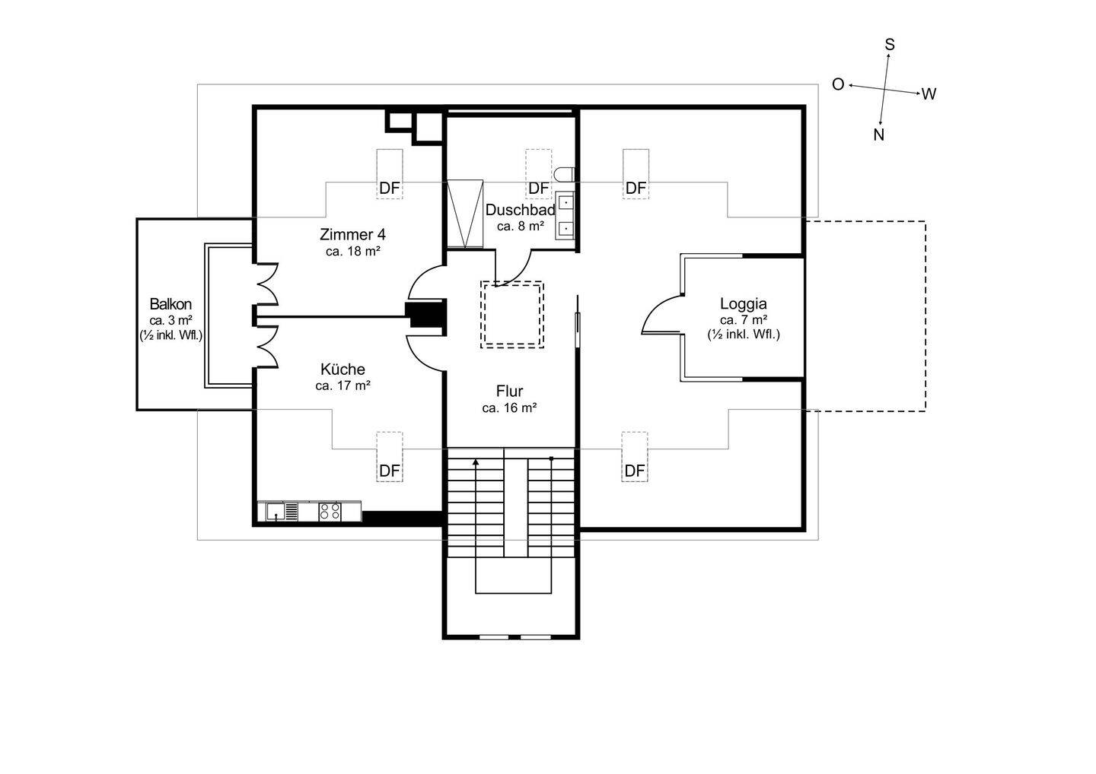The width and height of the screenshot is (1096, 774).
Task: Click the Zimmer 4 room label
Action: click(x=352, y=234)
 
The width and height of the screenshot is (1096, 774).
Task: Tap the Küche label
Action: click(x=342, y=369)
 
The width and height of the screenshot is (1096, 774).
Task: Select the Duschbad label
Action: click(x=520, y=210)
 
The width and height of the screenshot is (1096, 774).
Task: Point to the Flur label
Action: click(x=509, y=391)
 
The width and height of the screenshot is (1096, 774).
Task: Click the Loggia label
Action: click(x=743, y=304)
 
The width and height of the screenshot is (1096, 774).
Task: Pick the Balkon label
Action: click(x=170, y=304)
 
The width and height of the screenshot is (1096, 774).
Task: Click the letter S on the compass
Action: click(x=890, y=45)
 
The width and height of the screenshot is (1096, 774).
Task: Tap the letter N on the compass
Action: click(x=879, y=135)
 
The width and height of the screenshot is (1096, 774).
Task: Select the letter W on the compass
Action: click(x=929, y=94)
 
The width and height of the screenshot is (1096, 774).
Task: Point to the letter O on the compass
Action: click(x=838, y=84)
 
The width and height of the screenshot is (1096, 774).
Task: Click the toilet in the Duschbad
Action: click(x=565, y=174)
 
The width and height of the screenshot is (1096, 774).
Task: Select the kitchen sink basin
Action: click(x=276, y=512)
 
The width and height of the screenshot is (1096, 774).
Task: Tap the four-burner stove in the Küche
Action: click(x=330, y=512)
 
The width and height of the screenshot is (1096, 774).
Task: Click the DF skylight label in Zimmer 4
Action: click(x=390, y=188)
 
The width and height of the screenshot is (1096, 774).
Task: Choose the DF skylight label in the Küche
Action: click(x=390, y=471)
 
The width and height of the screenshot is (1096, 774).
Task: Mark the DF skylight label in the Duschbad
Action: click(x=539, y=188)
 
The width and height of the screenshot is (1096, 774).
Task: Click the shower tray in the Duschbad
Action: click(x=465, y=215)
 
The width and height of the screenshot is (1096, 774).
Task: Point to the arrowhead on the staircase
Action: click(x=476, y=462)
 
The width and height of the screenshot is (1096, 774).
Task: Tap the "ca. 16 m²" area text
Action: click(x=509, y=408)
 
